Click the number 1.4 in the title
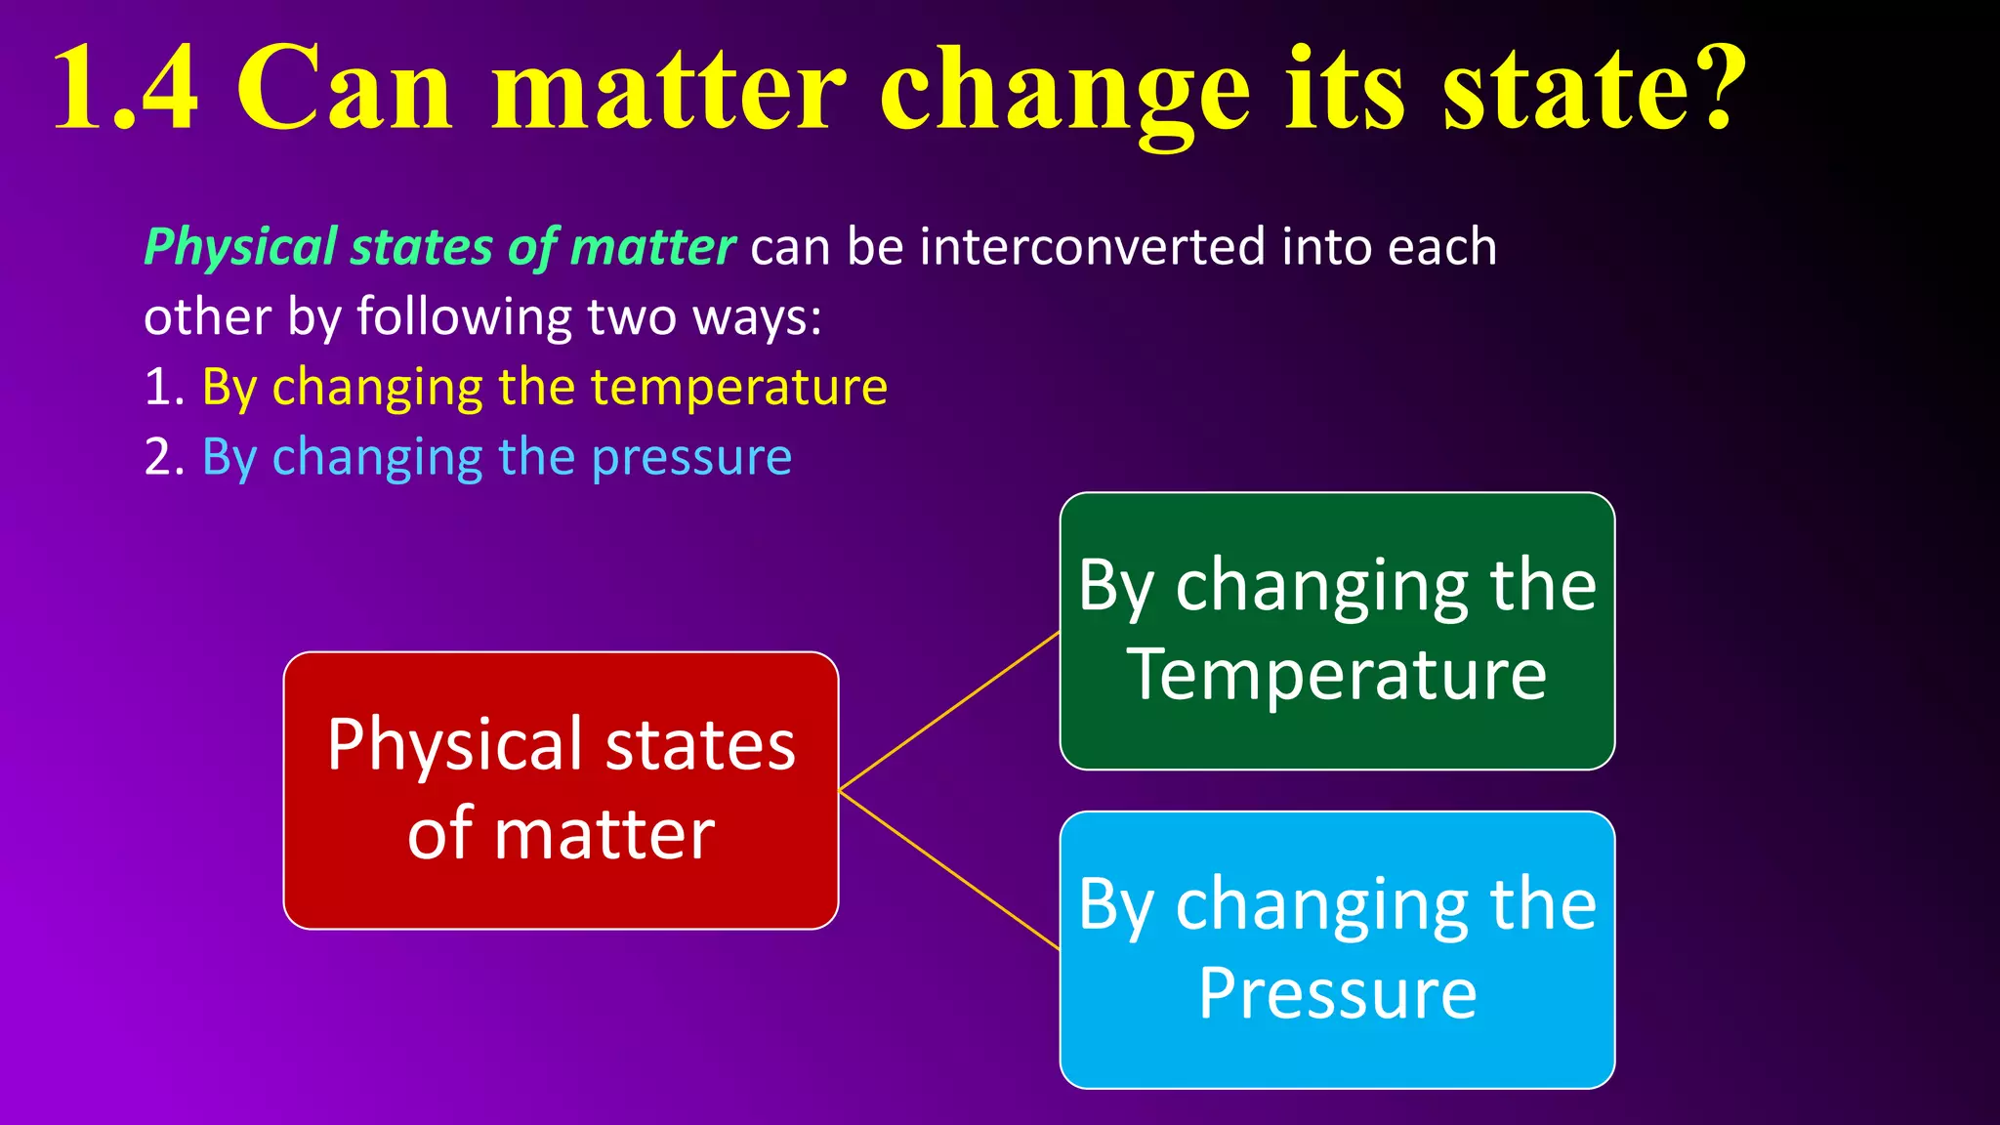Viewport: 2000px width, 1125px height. [125, 90]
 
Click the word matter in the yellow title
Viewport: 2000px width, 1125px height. [668, 90]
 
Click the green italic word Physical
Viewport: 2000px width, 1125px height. [240, 247]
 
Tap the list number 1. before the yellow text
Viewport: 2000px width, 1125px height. [164, 388]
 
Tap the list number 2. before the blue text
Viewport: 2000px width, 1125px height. [164, 458]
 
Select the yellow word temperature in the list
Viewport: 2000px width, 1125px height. [738, 388]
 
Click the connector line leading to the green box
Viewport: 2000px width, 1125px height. [949, 711]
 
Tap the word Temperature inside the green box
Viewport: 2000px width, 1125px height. [1336, 675]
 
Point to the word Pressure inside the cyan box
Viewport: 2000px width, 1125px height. [1336, 994]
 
